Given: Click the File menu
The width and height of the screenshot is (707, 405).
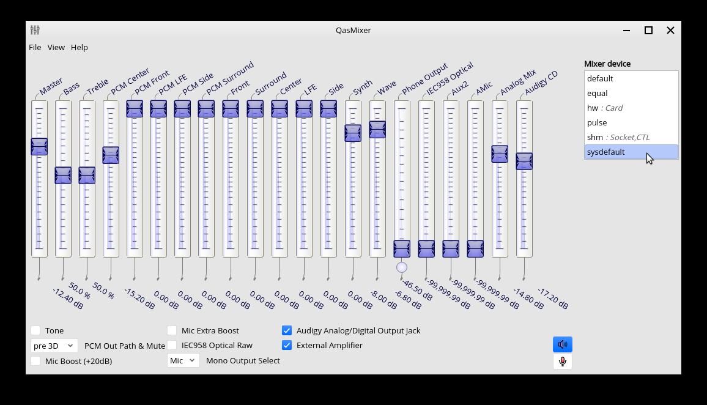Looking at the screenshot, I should coord(35,47).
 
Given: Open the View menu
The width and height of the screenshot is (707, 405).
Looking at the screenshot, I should coord(56,47).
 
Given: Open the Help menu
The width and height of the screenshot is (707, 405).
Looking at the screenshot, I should coord(80,47).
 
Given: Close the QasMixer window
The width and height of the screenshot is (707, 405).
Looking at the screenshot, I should coord(670,30).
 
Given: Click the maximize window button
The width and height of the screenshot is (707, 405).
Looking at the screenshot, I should coord(648,30).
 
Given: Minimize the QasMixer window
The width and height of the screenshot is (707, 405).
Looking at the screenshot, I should coord(626,30).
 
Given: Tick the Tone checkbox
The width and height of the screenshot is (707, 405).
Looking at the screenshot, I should coord(36,330).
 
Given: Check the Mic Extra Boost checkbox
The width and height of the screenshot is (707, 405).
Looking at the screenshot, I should coord(172,330).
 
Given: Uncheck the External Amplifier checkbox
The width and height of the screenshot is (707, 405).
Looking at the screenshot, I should coord(287,345).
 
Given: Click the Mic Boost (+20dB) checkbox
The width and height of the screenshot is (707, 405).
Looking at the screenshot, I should coord(36,361).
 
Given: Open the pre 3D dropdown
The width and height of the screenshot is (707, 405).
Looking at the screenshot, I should coord(54,346).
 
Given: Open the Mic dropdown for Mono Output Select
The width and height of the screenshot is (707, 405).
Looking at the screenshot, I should coord(183,360).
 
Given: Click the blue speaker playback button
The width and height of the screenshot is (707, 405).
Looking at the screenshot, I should coord(562,344).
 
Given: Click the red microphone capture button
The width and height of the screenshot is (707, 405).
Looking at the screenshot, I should coord(562,361).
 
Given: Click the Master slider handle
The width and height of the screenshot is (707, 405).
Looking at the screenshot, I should coord(39,146).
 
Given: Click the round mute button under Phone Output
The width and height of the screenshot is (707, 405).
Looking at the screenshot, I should coord(402,267).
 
